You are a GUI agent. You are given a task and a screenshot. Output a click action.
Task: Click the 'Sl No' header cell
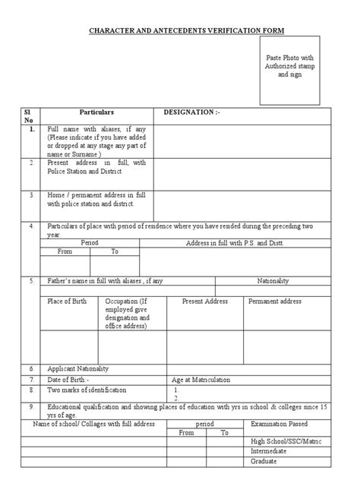[31, 115]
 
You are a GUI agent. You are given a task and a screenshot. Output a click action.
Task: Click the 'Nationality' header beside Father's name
[273, 281]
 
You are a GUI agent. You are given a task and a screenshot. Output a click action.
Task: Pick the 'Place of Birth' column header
[67, 302]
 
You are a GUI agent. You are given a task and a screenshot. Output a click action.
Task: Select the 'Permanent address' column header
[275, 302]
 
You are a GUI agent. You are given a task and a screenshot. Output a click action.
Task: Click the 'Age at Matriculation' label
[201, 378]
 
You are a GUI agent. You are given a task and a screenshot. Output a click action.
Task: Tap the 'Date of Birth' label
[69, 378]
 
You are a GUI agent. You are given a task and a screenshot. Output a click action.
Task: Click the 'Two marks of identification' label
[88, 390]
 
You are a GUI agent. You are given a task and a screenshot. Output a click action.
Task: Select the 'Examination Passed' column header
[280, 423]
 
